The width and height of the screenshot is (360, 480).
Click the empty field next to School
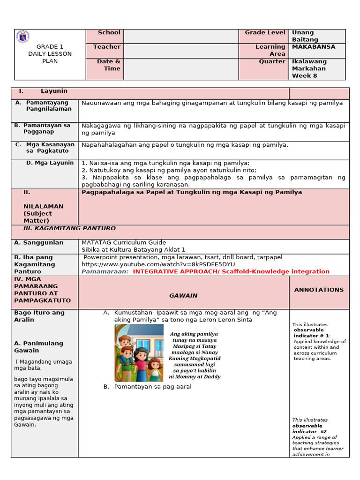181,36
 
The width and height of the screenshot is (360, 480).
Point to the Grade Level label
265,33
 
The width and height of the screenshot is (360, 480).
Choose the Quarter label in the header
272,61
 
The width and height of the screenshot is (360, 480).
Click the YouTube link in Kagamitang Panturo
158,264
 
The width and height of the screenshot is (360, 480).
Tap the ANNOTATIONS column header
319,290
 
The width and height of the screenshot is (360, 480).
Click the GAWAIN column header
183,295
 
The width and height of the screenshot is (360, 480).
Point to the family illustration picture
139,352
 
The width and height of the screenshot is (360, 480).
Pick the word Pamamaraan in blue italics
105,271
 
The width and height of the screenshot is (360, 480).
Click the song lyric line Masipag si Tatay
195,346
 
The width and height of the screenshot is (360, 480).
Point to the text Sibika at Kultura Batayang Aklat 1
134,250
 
